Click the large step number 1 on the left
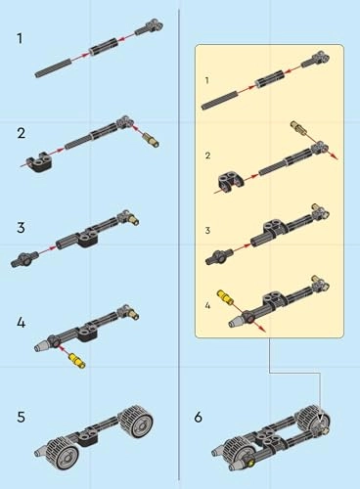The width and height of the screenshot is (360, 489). pos(21,38)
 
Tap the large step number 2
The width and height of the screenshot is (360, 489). pos(21,133)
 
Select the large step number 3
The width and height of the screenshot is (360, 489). pos(21,227)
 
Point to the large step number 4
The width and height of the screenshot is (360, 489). pos(21,323)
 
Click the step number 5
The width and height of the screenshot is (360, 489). pos(21,417)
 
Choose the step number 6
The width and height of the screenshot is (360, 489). pos(199,417)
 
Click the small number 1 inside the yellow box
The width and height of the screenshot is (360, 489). pos(206,80)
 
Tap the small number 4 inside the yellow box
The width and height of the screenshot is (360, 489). pos(207,305)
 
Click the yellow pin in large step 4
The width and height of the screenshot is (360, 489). pos(77,361)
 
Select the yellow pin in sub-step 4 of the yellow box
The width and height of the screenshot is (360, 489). pos(224,296)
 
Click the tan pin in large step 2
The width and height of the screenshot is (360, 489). pos(151,140)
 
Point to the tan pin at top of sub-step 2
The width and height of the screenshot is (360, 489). pos(298,127)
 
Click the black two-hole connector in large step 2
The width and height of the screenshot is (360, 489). pos(40,161)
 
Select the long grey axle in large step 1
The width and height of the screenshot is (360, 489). pos(53,68)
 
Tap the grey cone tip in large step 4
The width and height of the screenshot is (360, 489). pos(41,346)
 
